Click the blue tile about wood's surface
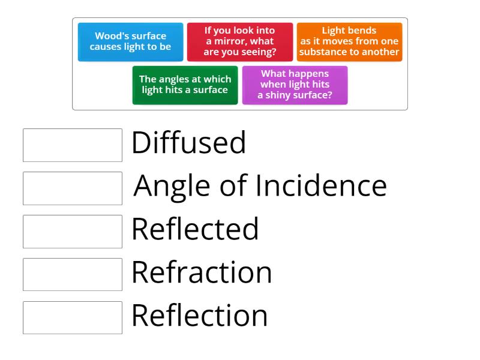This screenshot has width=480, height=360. pos(130,41)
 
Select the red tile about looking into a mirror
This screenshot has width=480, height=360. pos(239,41)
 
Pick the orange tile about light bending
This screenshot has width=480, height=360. pos(349,41)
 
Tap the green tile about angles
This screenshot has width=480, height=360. pos(185,85)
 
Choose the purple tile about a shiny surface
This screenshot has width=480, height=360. pos(295,85)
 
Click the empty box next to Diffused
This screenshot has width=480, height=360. pos(73,145)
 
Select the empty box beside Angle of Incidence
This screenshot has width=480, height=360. pos(73,188)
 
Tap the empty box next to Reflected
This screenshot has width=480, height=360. pos(73,232)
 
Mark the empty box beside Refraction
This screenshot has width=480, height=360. pos(73,275)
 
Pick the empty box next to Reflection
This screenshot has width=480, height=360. pos(73,317)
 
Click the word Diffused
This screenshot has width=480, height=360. pos(188,143)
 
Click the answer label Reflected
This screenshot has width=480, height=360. pos(195,229)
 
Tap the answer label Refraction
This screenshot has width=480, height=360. pos(202,272)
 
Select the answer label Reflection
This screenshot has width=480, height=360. pos(199,316)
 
